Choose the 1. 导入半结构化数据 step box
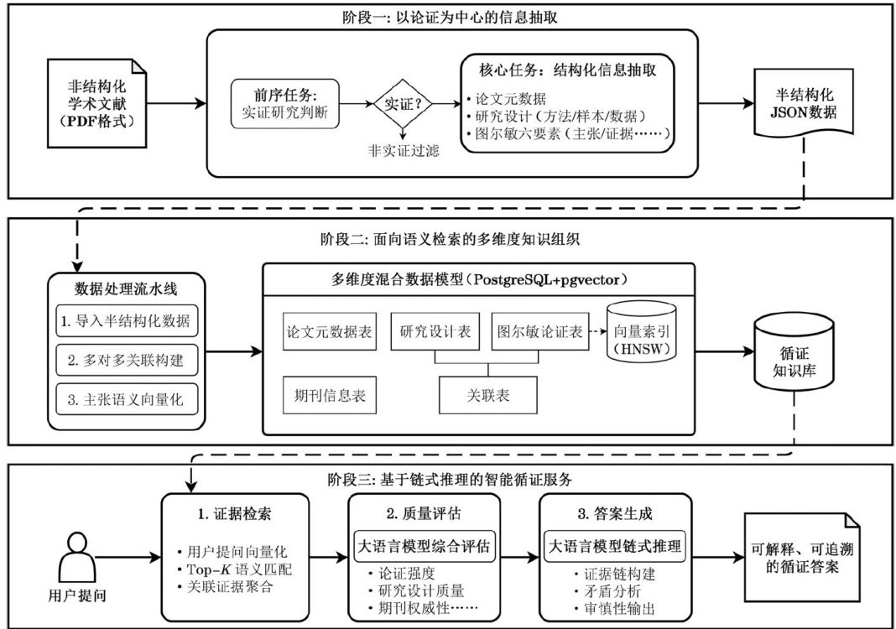(x=128, y=321)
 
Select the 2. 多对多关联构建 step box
(x=128, y=361)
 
